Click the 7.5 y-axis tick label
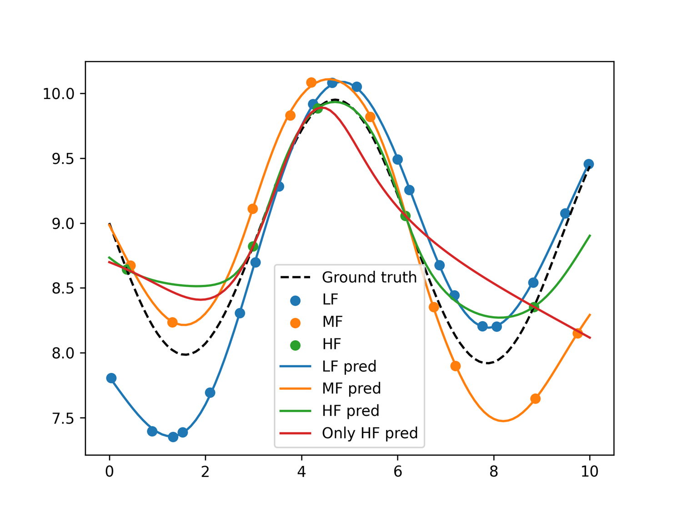[63, 418]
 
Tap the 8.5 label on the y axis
[63, 288]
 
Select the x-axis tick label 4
[301, 472]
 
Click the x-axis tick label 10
[590, 472]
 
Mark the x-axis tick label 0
[109, 472]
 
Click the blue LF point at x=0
[111, 378]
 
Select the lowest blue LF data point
[173, 437]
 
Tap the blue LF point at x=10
[589, 164]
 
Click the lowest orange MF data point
[535, 398]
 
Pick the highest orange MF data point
[311, 82]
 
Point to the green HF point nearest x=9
[534, 307]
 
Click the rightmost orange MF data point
[577, 333]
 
